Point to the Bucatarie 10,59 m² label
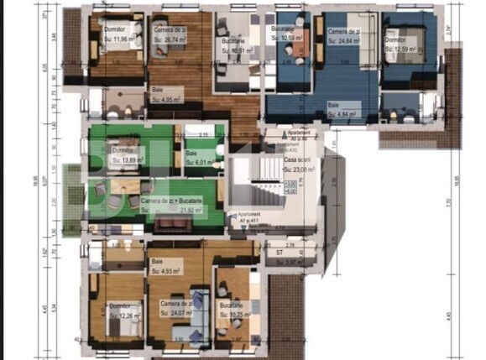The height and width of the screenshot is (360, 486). click(x=287, y=34)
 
